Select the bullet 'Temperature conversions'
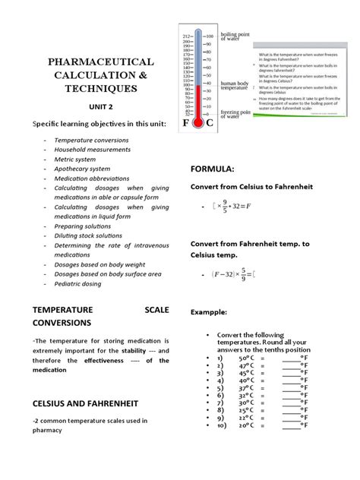[x=89, y=141]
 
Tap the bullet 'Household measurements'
[x=90, y=150]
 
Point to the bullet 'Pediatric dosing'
[x=78, y=283]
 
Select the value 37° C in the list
[x=248, y=386]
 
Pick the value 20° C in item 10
[x=248, y=425]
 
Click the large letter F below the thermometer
[x=187, y=123]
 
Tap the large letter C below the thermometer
[x=210, y=123]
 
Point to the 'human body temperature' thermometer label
[x=234, y=86]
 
